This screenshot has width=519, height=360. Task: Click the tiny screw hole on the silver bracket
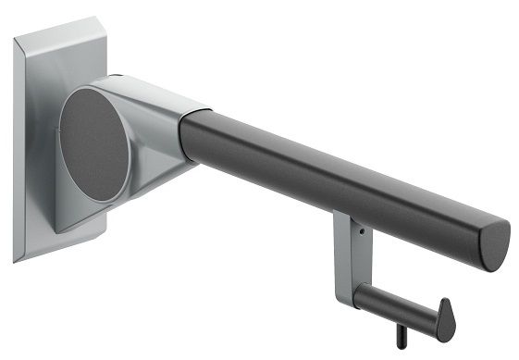362,231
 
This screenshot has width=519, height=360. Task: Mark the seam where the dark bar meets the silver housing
185,139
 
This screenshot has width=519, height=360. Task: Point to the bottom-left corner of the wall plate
16,257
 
